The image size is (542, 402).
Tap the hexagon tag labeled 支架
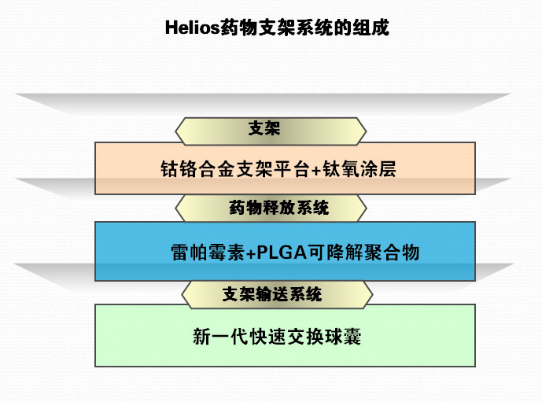pyautogui.click(x=270, y=129)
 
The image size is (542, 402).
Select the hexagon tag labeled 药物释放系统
pyautogui.click(x=270, y=208)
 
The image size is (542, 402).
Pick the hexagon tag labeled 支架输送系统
pyautogui.click(x=272, y=295)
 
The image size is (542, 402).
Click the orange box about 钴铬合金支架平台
pyautogui.click(x=285, y=168)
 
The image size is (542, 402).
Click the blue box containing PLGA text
pyautogui.click(x=285, y=252)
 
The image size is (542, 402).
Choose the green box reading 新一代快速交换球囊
pyautogui.click(x=285, y=337)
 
